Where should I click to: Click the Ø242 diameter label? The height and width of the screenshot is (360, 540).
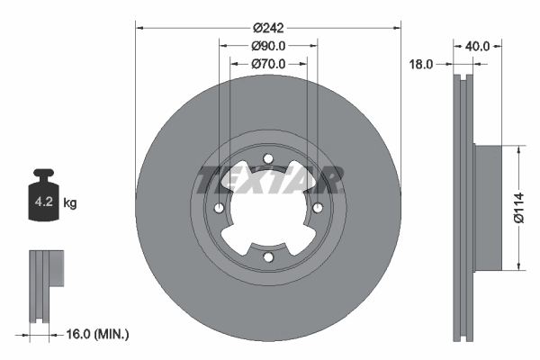[x=268, y=28]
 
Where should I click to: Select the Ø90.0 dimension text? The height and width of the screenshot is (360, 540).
[x=268, y=46]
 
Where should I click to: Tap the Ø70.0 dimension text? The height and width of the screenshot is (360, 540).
[x=268, y=64]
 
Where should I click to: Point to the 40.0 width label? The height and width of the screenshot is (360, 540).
[x=477, y=46]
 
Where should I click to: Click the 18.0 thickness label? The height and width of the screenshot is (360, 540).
[x=421, y=64]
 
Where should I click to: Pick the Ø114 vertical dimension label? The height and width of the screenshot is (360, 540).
[x=519, y=208]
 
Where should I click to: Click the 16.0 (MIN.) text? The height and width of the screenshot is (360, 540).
[x=97, y=334]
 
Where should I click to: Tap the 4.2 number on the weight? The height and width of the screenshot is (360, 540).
[x=44, y=202]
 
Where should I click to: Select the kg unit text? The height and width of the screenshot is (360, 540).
[x=70, y=202]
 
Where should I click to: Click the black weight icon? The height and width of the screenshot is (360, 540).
[x=43, y=194]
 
